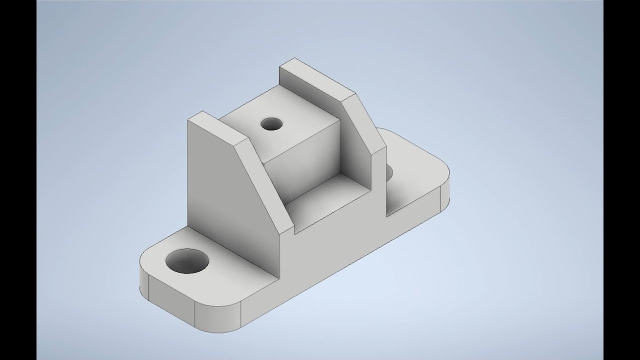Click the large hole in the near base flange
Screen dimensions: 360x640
tap(187, 260)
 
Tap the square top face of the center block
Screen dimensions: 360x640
tap(280, 125)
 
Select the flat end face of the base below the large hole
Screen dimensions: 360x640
tap(170, 300)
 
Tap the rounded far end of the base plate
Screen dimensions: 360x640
tap(442, 195)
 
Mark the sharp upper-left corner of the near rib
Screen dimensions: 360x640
tap(188, 120)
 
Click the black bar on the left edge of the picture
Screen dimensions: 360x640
tap(18, 180)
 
